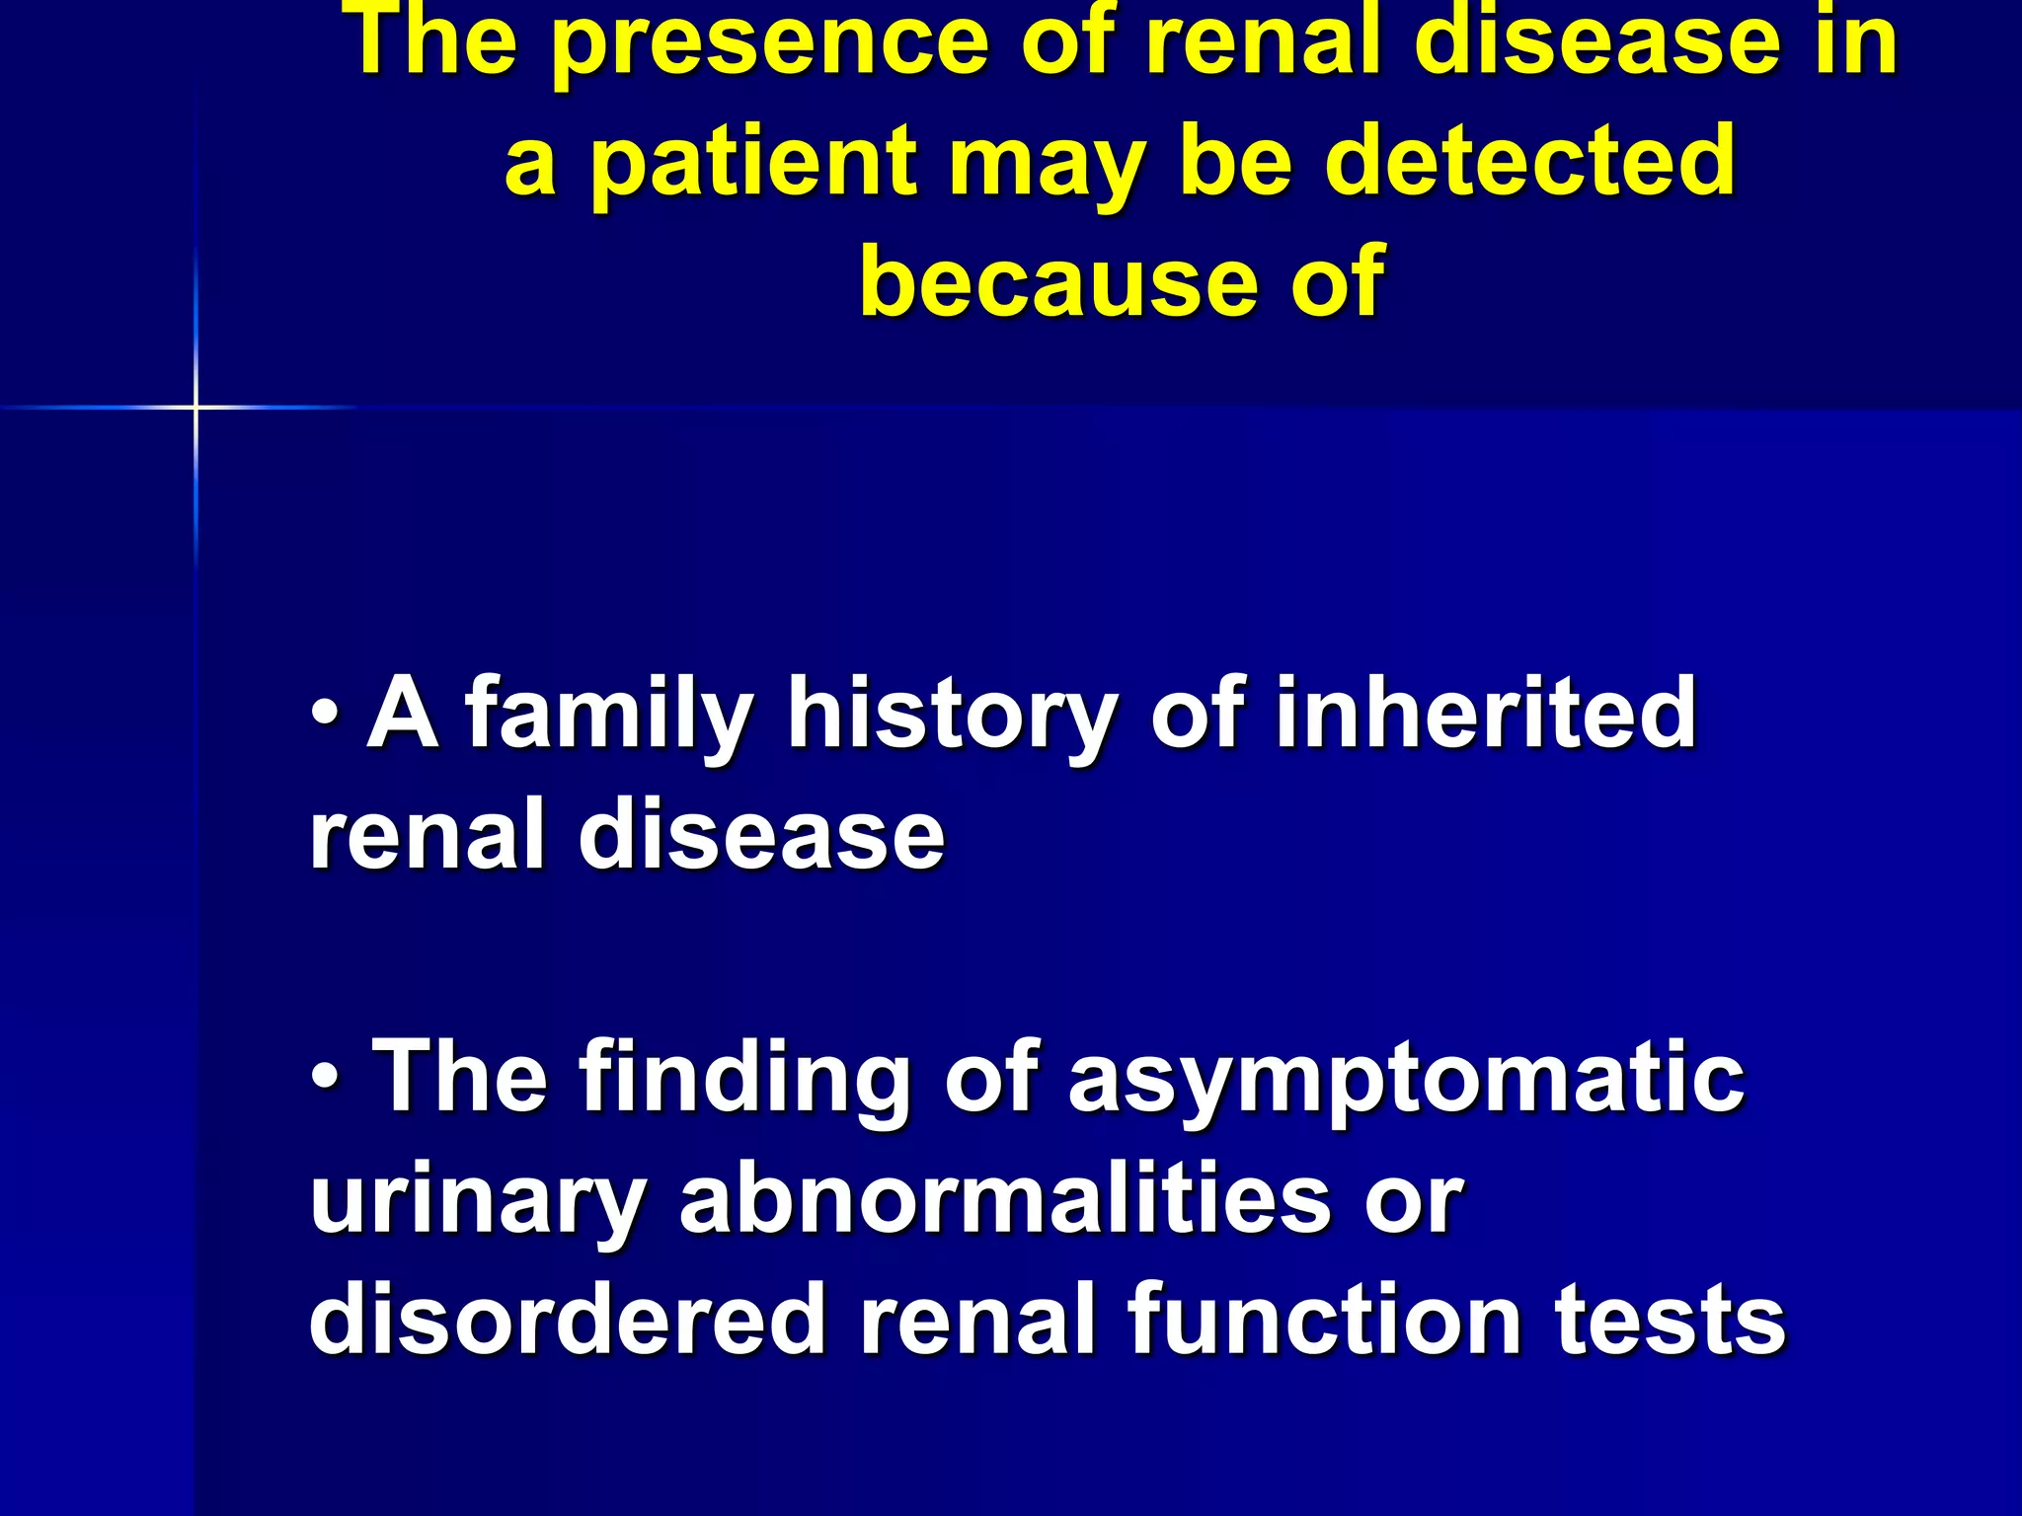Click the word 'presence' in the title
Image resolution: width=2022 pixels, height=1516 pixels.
tap(769, 44)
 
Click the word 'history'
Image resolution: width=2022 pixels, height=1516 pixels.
tap(952, 716)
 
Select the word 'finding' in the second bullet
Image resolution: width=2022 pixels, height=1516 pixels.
tap(744, 1080)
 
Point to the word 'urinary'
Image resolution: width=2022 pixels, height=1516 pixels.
tap(478, 1202)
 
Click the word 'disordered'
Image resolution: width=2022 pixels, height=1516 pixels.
tap(567, 1321)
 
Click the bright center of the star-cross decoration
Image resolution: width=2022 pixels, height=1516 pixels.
tap(195, 407)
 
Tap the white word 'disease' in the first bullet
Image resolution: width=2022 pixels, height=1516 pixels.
tap(761, 836)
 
